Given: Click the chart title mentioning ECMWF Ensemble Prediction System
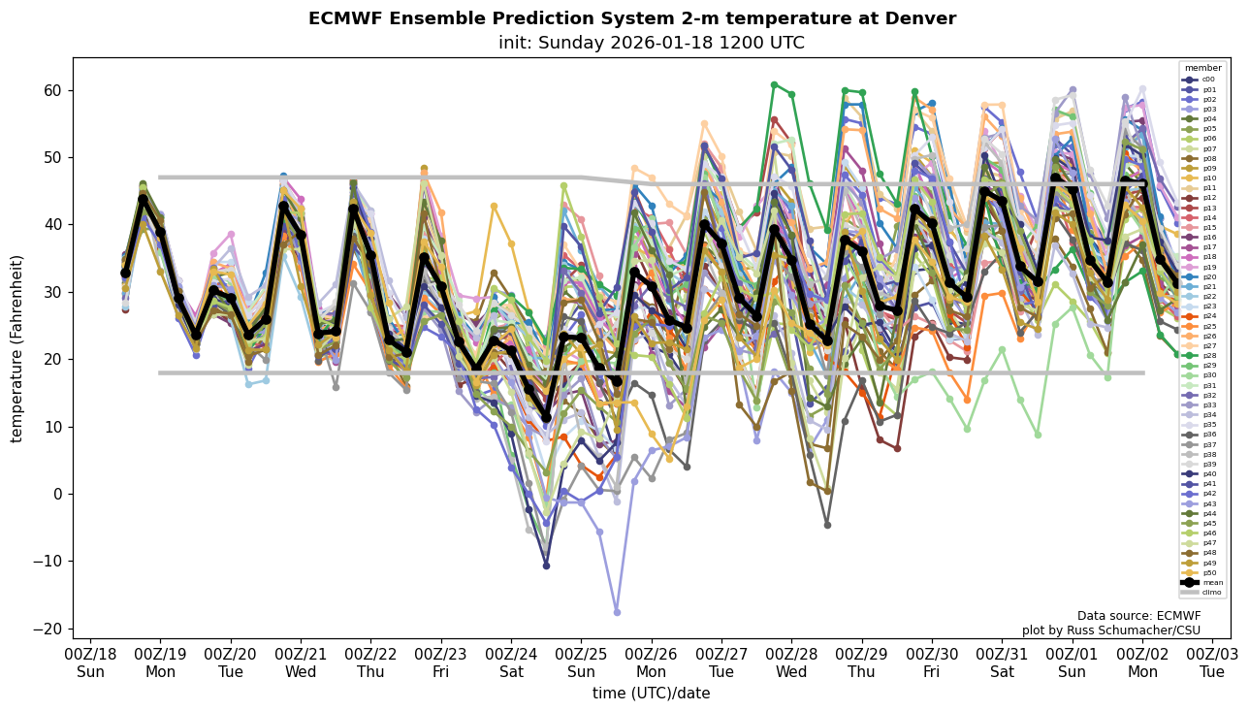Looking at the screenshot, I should click(x=631, y=18).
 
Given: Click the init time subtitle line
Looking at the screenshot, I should click(x=651, y=43).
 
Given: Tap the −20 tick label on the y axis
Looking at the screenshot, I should click(x=45, y=629).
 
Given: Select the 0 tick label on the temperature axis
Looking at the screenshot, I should click(x=55, y=494).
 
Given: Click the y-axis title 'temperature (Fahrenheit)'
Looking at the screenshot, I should click(x=16, y=348).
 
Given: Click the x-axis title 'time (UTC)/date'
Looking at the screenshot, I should click(x=651, y=694).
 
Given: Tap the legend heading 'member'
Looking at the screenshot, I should click(x=1202, y=68).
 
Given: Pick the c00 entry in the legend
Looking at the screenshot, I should click(x=1202, y=80).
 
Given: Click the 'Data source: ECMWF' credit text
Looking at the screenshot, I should click(x=1138, y=616).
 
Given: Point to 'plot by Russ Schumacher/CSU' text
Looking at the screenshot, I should click(x=1110, y=630).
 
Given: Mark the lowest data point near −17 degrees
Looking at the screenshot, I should click(x=617, y=612).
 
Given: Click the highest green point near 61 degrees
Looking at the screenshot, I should click(x=774, y=85).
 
